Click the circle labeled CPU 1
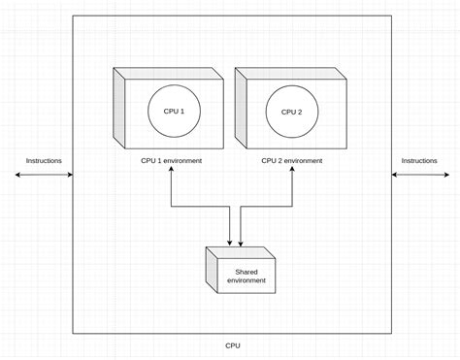(176, 112)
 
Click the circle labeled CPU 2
(292, 112)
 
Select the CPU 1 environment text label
(171, 160)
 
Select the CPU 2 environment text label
(292, 160)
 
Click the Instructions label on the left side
(44, 160)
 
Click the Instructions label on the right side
(419, 160)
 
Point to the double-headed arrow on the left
(45, 175)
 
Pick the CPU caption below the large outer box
(233, 344)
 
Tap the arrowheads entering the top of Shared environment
(236, 243)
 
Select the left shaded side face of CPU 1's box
(118, 109)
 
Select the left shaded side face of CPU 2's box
(240, 109)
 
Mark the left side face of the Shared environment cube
(211, 273)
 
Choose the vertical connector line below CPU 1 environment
(171, 189)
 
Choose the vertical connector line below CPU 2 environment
(292, 189)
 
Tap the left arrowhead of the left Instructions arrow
(18, 175)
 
